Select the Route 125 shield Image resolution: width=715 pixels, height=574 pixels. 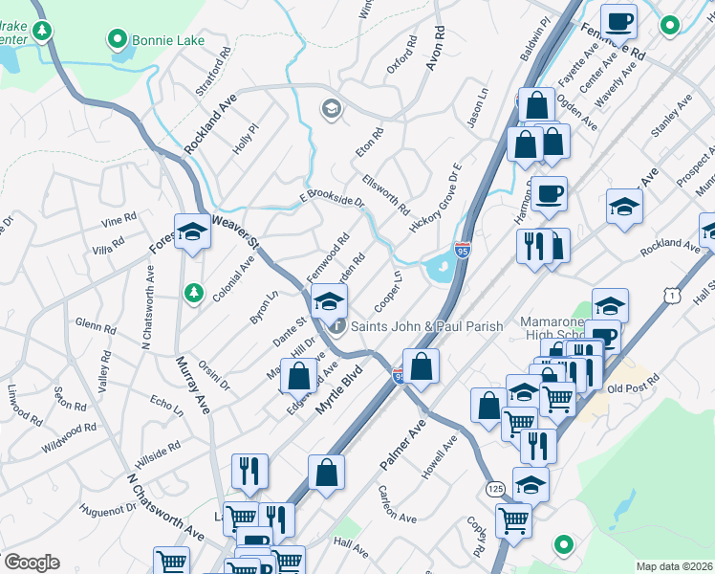click(494, 488)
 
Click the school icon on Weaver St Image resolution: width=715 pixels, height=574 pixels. click(192, 231)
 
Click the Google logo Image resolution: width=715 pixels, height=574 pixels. click(32, 563)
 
